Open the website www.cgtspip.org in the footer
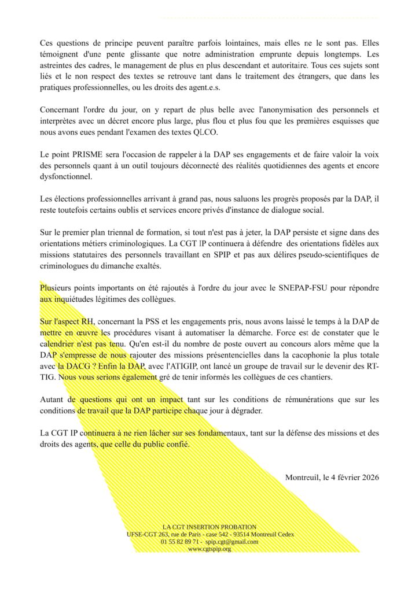coord(209,549)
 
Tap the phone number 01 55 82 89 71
coord(181,542)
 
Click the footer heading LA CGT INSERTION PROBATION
coord(209,527)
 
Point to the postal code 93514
coord(234,535)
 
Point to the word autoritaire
coord(259,65)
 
